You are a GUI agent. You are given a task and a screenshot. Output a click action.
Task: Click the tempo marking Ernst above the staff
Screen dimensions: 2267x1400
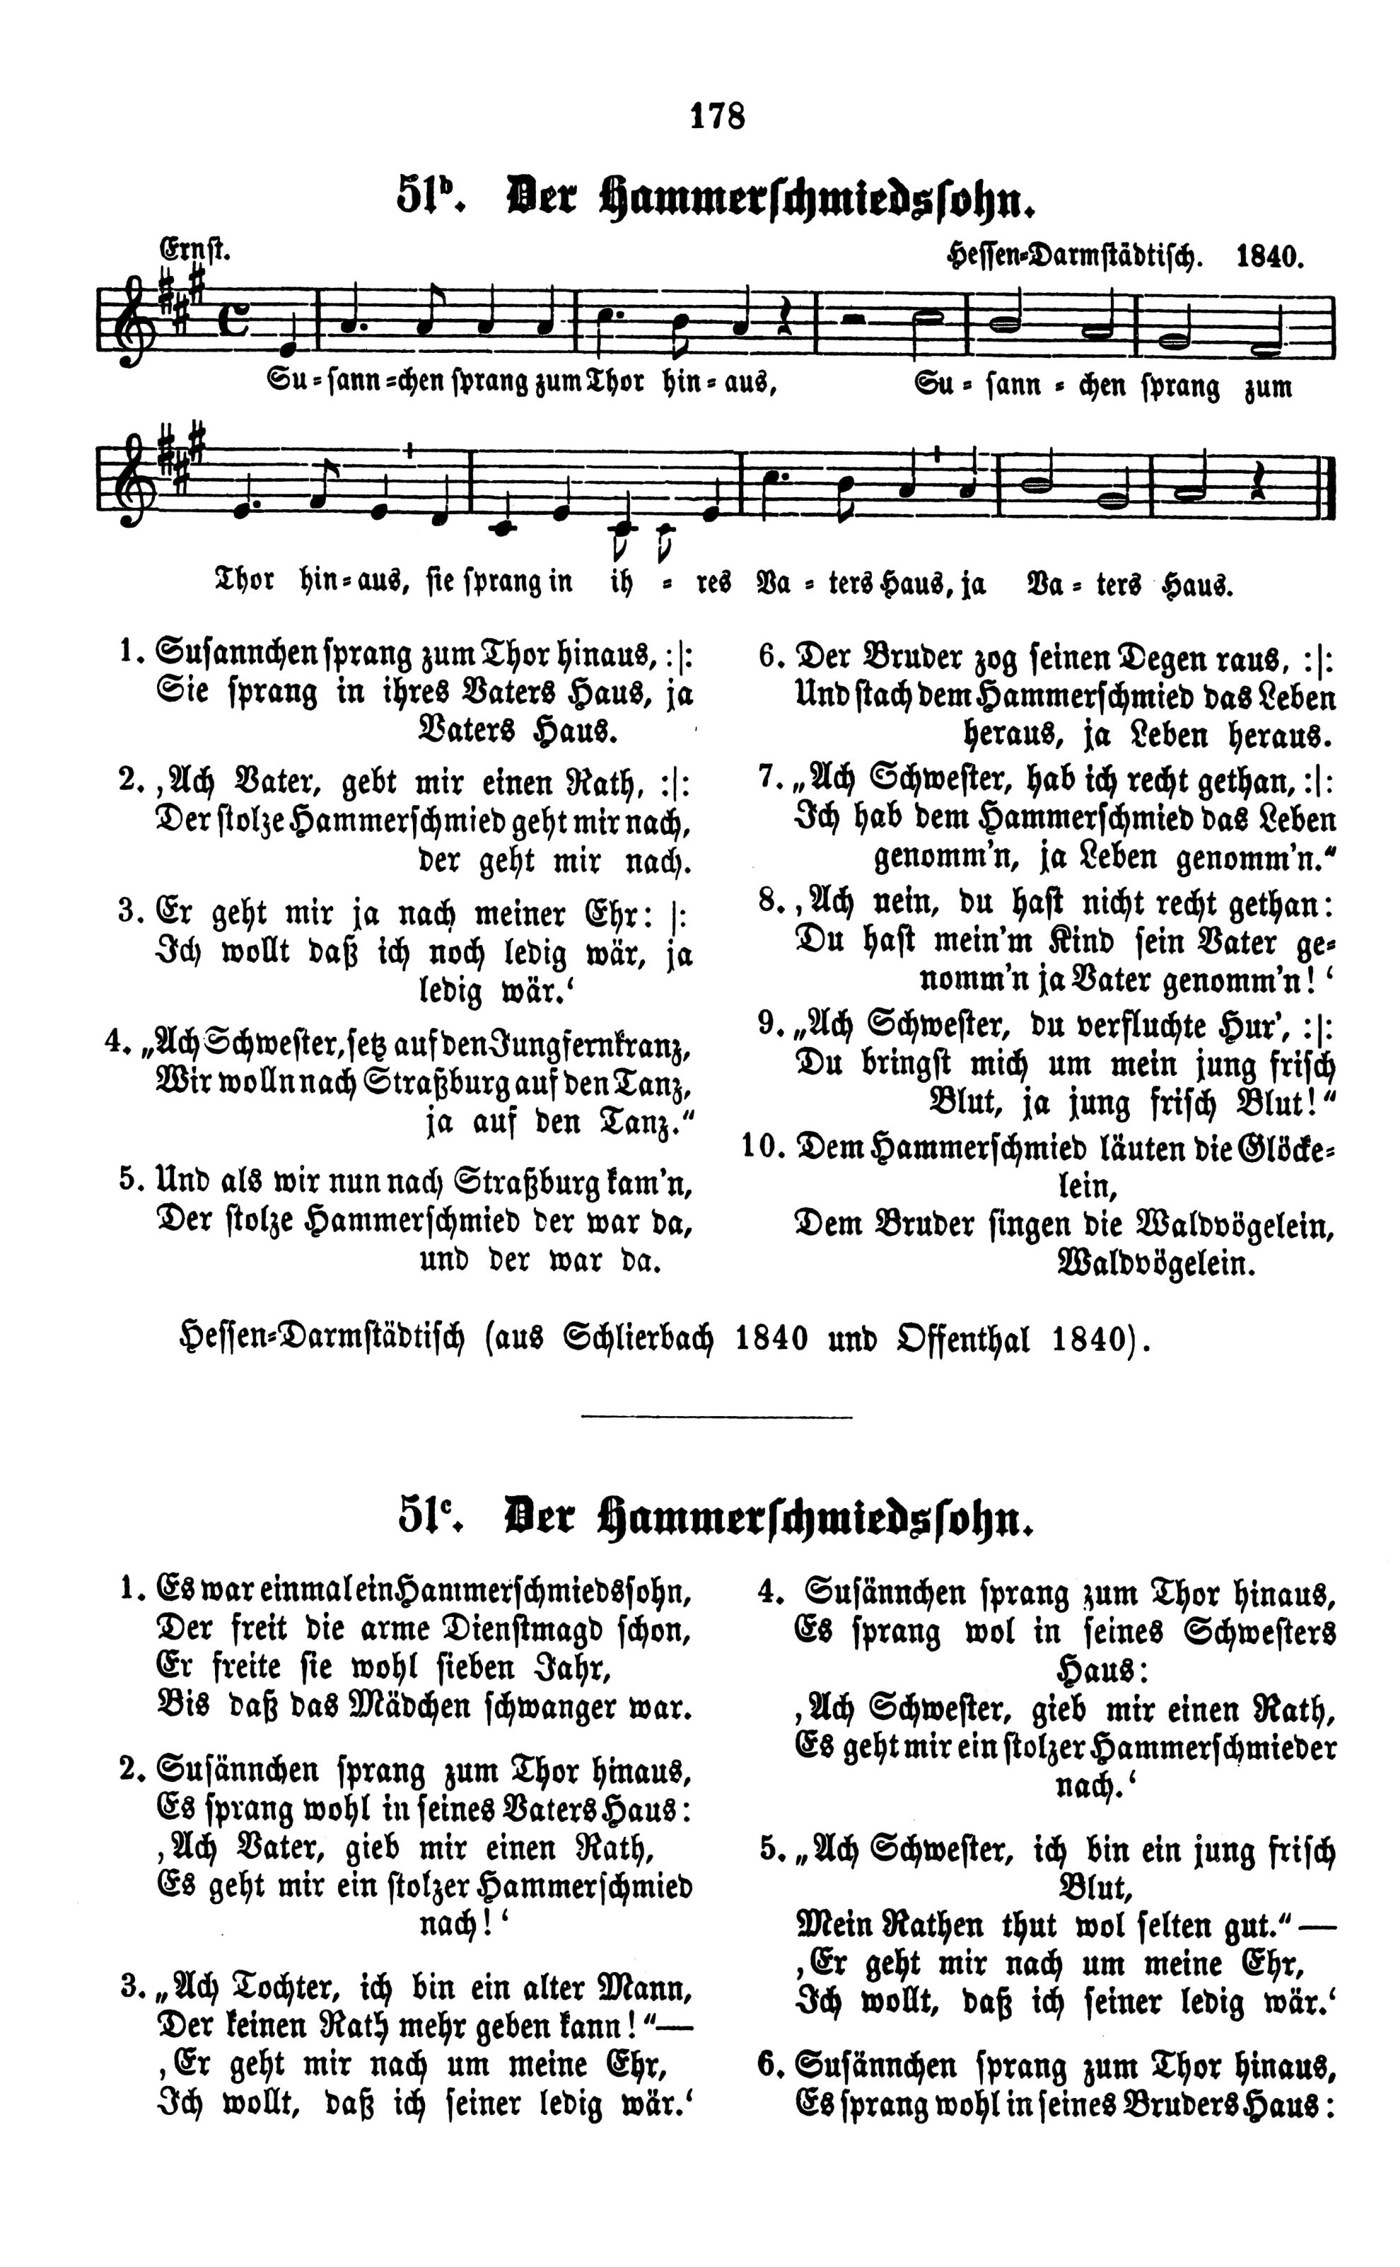pos(194,250)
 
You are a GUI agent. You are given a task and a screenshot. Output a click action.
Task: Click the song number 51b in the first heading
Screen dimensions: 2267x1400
pos(427,197)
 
